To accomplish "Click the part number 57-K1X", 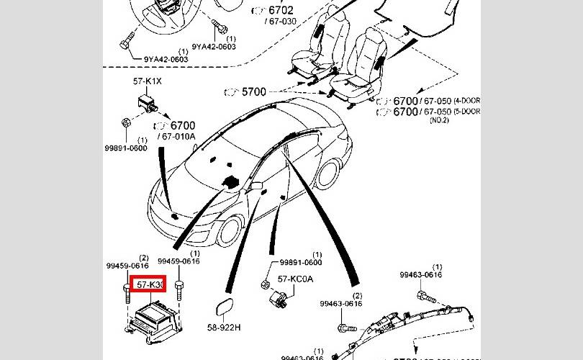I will pyautogui.click(x=147, y=81).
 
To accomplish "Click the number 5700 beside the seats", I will pyautogui.click(x=253, y=92).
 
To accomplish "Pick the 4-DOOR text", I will pyautogui.click(x=466, y=101).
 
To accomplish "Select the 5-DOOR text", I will pyautogui.click(x=466, y=112).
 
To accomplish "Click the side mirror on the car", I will pyautogui.click(x=254, y=186).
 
